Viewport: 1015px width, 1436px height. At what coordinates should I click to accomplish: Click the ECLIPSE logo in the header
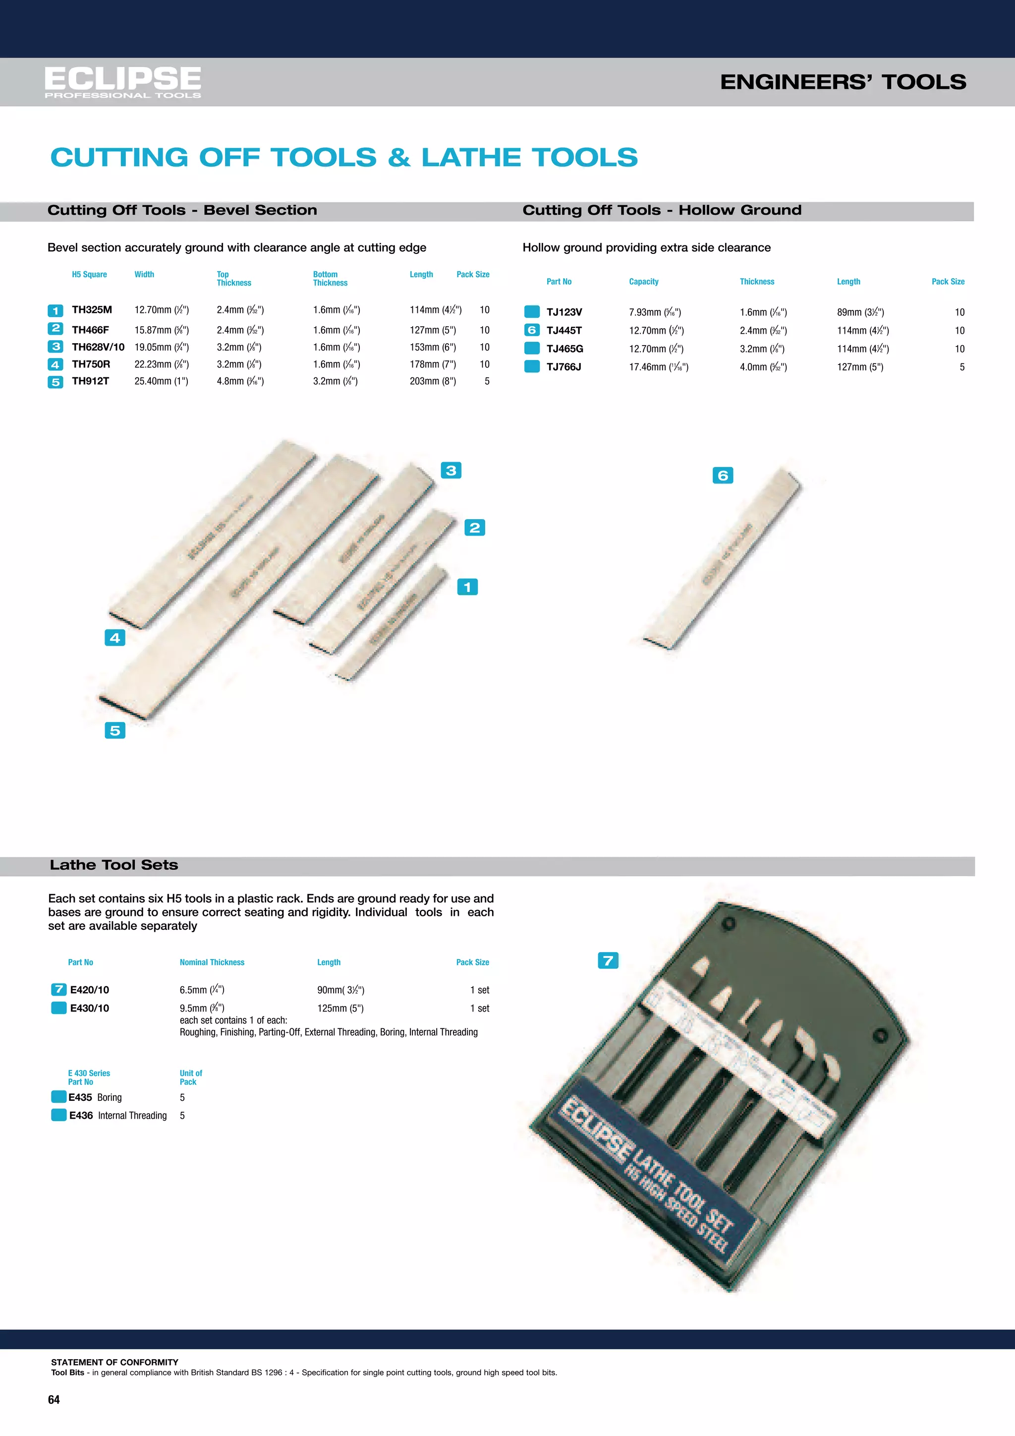click(x=122, y=82)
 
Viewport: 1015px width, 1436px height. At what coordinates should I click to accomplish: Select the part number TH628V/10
click(x=98, y=347)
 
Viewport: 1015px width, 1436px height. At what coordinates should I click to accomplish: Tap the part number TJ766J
click(x=564, y=367)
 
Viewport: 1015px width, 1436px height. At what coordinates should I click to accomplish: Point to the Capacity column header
click(x=644, y=282)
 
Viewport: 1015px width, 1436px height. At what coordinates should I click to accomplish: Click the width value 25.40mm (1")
click(x=161, y=381)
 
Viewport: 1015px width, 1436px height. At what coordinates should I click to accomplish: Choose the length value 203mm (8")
click(x=433, y=381)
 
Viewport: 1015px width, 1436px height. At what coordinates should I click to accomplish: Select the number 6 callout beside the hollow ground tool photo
click(x=723, y=476)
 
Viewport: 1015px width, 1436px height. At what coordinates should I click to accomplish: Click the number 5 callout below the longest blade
click(x=115, y=730)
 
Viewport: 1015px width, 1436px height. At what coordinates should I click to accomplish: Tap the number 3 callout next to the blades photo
click(x=451, y=471)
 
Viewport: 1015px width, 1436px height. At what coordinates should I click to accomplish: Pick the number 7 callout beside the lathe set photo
click(x=608, y=960)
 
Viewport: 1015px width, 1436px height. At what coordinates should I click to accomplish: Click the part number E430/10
click(x=89, y=1008)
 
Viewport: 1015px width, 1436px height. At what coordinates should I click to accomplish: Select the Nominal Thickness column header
click(x=212, y=962)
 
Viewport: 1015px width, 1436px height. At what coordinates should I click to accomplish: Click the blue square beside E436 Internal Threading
click(x=59, y=1115)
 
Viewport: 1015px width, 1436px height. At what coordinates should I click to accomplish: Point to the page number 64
click(x=54, y=1400)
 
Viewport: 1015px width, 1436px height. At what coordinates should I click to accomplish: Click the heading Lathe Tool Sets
click(x=114, y=865)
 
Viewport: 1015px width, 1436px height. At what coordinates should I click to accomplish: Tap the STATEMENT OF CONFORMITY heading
click(x=114, y=1362)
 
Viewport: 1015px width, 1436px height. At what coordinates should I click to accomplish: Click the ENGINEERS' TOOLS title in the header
click(x=843, y=82)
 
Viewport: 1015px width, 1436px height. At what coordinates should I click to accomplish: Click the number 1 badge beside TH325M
click(x=56, y=311)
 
